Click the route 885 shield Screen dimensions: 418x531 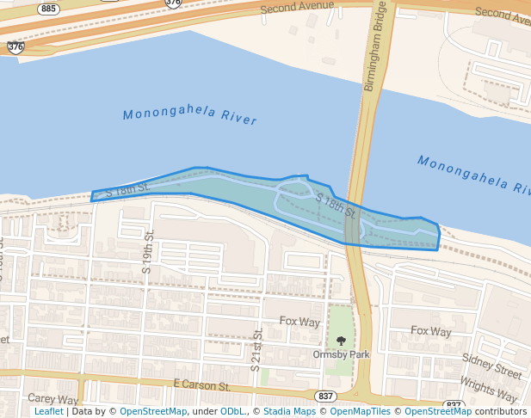pyautogui.click(x=48, y=9)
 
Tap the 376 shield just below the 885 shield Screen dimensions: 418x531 pyautogui.click(x=15, y=47)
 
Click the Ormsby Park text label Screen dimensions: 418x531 pyautogui.click(x=341, y=354)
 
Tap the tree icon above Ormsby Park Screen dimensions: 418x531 pyautogui.click(x=342, y=341)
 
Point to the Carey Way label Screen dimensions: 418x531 pyautogui.click(x=53, y=399)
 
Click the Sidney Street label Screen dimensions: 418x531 pyautogui.click(x=491, y=366)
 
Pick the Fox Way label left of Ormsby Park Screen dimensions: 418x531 pyautogui.click(x=299, y=322)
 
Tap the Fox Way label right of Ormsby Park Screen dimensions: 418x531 pyautogui.click(x=430, y=331)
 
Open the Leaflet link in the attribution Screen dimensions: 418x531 pyautogui.click(x=49, y=411)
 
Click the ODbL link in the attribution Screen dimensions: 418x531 pyautogui.click(x=233, y=411)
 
